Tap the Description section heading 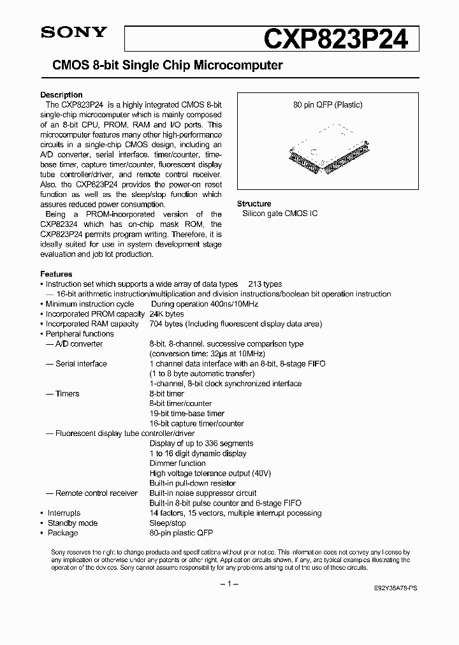[x=61, y=95]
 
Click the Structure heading [x=254, y=203]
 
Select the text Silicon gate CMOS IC [x=280, y=214]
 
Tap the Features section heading [x=56, y=274]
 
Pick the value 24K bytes [x=166, y=314]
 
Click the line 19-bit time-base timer [x=187, y=414]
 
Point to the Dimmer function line [x=177, y=463]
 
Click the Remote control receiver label [x=96, y=493]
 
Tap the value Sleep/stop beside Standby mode [x=168, y=523]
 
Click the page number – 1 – [x=229, y=583]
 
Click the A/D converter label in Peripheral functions [x=79, y=344]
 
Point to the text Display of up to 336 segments [x=201, y=444]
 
